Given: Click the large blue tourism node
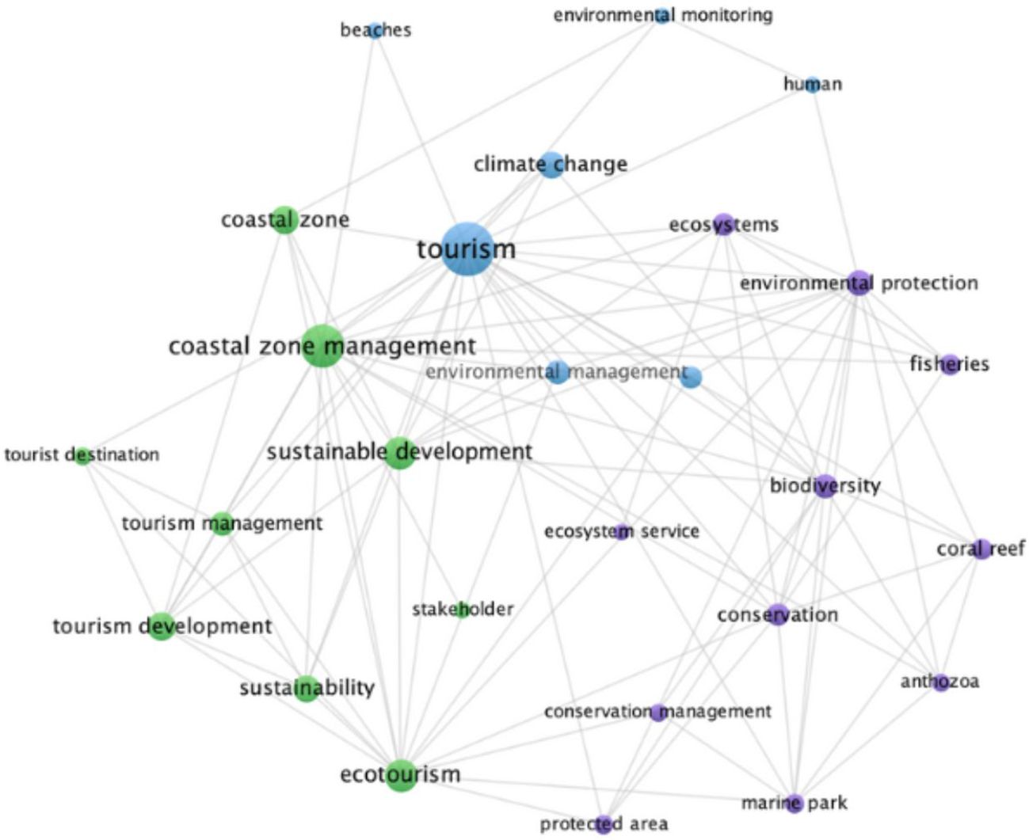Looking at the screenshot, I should tap(467, 249).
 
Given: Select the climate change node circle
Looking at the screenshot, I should tap(551, 165).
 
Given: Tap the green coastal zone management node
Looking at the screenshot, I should tap(322, 346).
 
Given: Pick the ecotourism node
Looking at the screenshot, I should tap(401, 774).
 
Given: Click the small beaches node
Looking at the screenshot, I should tap(375, 30).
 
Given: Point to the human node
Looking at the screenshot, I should tap(812, 85).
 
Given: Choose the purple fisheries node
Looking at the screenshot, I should tap(950, 364).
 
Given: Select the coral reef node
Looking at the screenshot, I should tap(981, 548).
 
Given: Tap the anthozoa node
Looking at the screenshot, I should tap(940, 682).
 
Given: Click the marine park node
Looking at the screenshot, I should tap(795, 803).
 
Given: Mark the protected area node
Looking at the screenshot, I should tap(604, 823).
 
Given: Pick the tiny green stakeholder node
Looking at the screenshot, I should tap(463, 610).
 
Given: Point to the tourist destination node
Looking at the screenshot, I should tap(82, 455).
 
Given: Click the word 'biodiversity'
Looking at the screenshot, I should tap(825, 485).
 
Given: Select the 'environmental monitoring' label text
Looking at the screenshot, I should tap(662, 15).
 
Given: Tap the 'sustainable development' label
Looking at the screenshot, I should tap(399, 452).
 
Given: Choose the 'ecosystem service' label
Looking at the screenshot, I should tap(621, 531).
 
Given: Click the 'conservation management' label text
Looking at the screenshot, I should tap(657, 712).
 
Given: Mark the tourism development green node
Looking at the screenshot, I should tap(162, 626).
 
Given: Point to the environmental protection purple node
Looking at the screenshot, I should tap(859, 283).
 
